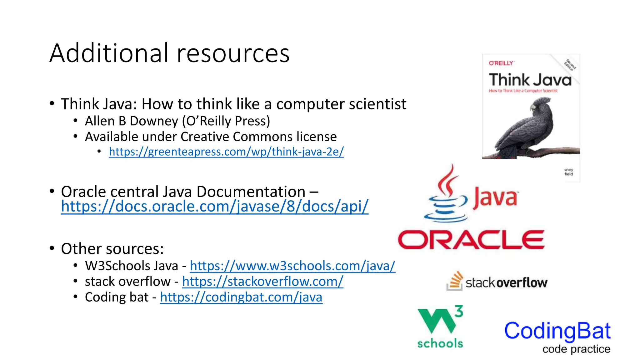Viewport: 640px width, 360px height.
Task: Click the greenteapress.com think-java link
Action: click(226, 152)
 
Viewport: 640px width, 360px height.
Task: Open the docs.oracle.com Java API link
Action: click(215, 207)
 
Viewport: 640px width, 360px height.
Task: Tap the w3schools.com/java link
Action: click(292, 266)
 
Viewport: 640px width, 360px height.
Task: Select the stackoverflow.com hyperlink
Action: click(262, 282)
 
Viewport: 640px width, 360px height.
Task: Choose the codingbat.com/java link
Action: click(241, 297)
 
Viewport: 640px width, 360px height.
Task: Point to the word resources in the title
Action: click(233, 54)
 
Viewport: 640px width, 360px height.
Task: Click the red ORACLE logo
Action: click(471, 240)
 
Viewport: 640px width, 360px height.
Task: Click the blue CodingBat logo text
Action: click(557, 331)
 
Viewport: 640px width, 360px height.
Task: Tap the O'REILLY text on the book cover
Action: click(501, 63)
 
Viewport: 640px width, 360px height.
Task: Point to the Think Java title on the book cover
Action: click(530, 80)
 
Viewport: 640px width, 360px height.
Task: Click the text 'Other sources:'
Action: click(112, 249)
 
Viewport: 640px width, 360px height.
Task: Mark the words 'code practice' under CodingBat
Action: click(576, 349)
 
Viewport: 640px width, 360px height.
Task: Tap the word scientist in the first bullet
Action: click(377, 104)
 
